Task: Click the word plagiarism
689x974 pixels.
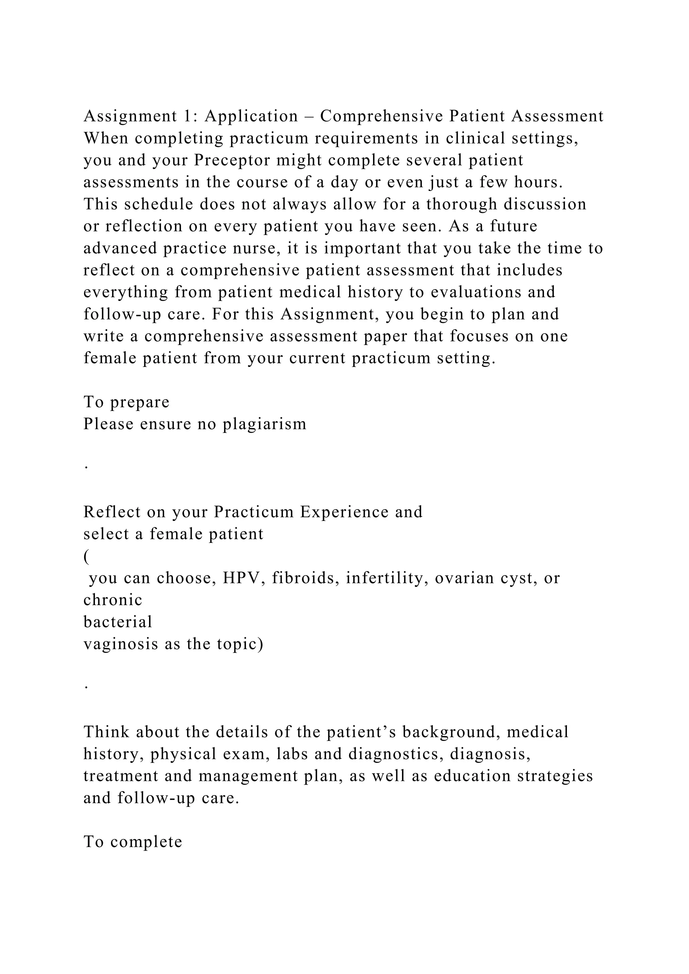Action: [264, 424]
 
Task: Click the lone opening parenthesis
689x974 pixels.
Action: [86, 556]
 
